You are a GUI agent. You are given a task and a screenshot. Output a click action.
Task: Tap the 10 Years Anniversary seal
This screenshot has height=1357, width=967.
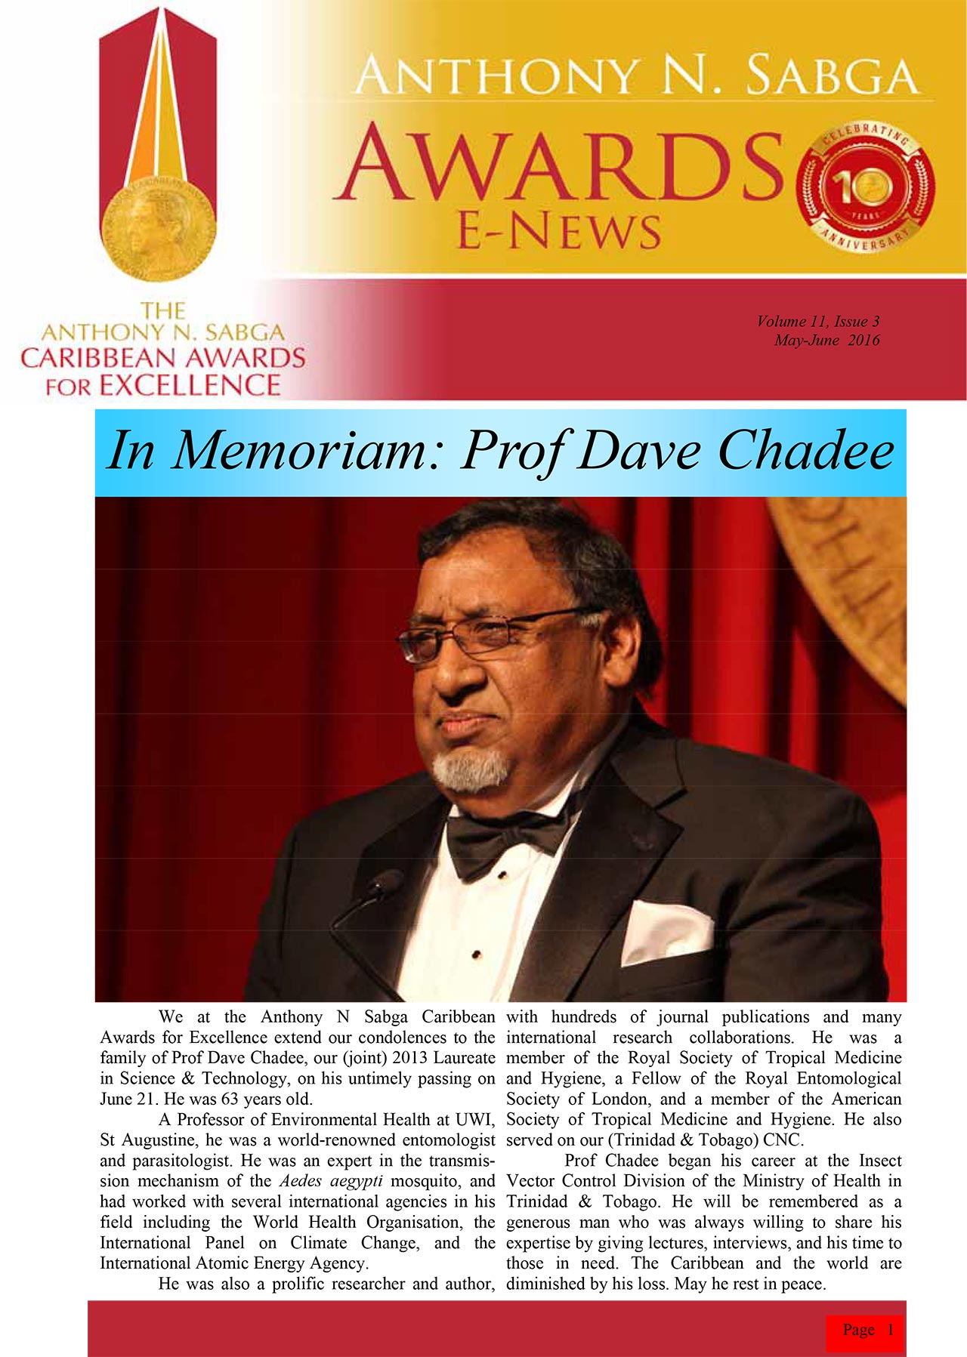866,187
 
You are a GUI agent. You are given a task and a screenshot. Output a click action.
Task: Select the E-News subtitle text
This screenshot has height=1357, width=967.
559,230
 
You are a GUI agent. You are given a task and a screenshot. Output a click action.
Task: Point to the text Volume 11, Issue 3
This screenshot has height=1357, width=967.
817,321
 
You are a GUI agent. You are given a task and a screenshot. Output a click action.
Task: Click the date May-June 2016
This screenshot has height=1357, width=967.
826,340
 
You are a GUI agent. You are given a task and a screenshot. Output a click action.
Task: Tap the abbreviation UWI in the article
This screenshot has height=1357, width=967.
474,1119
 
